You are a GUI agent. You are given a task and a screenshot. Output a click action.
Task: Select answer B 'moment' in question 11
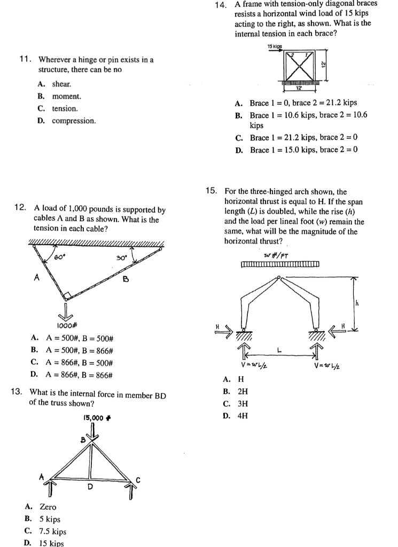(x=66, y=97)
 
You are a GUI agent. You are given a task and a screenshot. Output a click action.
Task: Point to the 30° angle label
(x=121, y=257)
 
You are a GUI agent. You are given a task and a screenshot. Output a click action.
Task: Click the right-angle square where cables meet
(x=67, y=295)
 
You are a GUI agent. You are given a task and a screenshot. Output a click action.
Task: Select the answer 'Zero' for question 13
(x=48, y=507)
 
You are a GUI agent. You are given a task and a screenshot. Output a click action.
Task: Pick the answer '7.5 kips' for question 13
(x=53, y=532)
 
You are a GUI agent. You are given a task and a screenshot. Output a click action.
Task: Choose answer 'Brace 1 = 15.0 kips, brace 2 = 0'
(x=303, y=150)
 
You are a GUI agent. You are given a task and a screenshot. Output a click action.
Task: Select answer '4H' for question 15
(x=242, y=415)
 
